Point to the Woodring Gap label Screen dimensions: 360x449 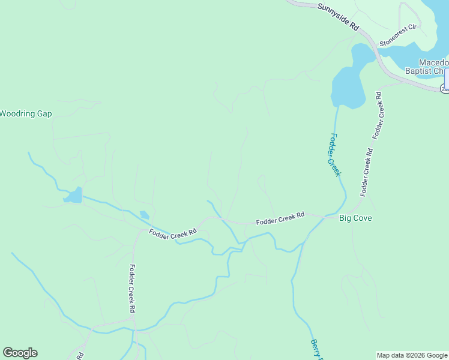26,113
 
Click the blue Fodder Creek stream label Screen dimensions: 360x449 333,155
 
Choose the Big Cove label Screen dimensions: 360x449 355,218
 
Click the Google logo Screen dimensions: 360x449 20,353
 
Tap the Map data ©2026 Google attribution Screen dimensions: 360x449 412,355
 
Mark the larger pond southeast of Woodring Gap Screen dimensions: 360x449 73,196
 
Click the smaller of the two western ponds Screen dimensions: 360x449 145,214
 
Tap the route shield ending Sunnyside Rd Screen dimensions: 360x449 445,88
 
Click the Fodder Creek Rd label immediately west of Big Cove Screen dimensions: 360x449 280,218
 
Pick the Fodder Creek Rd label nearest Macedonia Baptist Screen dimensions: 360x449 378,116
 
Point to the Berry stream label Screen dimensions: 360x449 316,350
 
